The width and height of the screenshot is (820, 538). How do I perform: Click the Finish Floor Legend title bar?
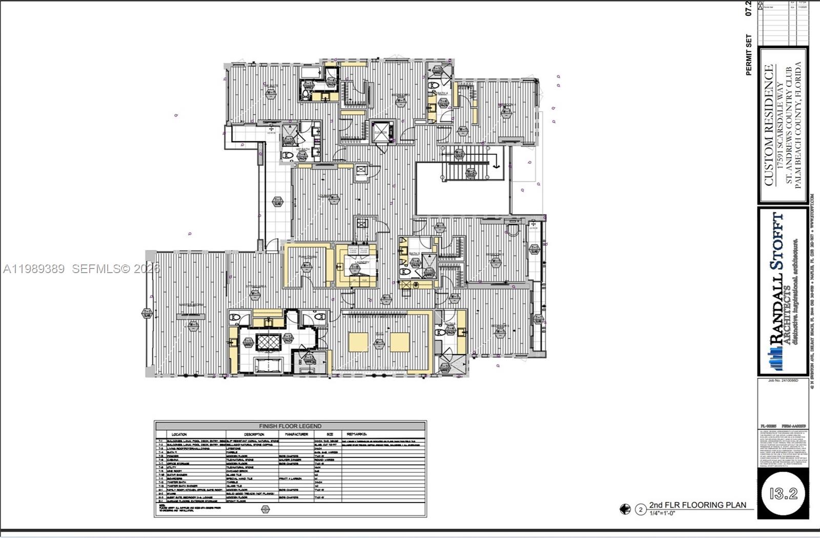coord(290,426)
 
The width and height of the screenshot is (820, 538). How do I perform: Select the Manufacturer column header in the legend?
coord(296,434)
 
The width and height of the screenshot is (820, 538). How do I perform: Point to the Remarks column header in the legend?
coord(357,434)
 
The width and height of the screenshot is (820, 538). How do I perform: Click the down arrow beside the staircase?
coord(496,164)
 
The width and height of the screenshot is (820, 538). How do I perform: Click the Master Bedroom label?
coord(191,305)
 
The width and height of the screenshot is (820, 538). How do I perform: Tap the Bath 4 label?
coord(442,93)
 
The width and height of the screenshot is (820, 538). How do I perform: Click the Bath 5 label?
coord(414,253)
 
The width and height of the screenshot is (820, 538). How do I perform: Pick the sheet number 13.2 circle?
coord(783,493)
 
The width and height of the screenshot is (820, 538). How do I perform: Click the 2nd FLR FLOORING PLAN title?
coord(697,505)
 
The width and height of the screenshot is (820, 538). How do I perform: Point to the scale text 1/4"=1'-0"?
coord(662,513)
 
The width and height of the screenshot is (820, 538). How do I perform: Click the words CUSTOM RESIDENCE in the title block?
coord(768,125)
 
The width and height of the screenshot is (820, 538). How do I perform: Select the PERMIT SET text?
coord(749,55)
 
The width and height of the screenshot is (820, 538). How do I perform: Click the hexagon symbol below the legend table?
coord(265,509)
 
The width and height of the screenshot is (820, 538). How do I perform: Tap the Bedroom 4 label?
coord(506,105)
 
